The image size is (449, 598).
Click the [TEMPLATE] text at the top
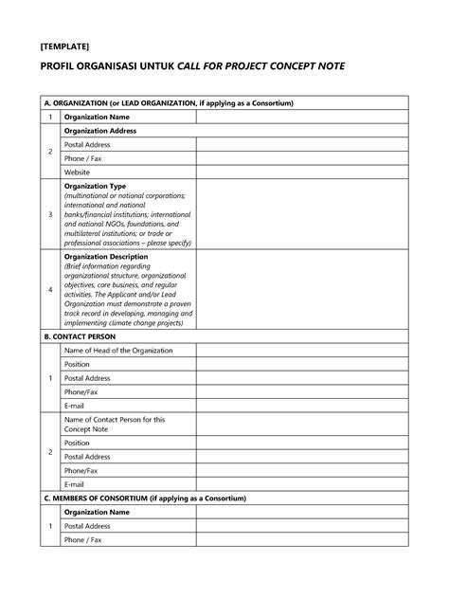click(x=64, y=45)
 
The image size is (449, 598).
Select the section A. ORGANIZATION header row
click(x=170, y=102)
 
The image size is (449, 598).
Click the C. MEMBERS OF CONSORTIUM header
click(x=145, y=498)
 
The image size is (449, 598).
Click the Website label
click(x=77, y=172)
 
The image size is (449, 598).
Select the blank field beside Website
click(x=301, y=172)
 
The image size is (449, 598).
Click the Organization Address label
click(x=99, y=131)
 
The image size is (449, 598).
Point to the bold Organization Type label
click(x=95, y=187)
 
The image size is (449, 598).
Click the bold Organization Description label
click(x=105, y=257)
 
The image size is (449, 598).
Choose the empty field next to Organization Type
click(x=301, y=215)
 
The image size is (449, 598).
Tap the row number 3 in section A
click(x=50, y=215)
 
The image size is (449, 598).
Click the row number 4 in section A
click(x=50, y=289)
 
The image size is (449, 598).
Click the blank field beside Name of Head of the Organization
click(x=301, y=351)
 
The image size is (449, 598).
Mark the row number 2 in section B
click(x=50, y=451)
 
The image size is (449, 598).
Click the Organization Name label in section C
click(x=96, y=512)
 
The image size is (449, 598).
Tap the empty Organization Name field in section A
click(x=301, y=117)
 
